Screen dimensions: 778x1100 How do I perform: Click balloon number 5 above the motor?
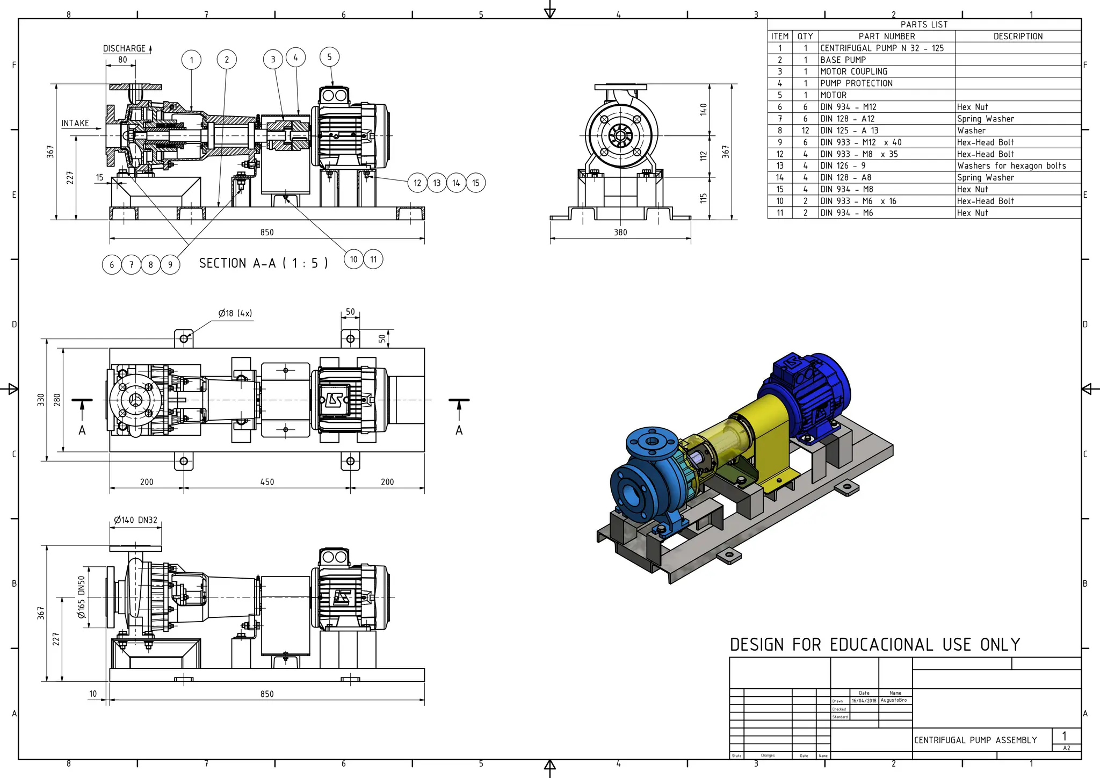click(329, 57)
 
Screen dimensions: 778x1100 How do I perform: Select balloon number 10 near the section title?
click(353, 260)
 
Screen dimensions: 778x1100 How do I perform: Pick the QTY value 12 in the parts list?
click(805, 131)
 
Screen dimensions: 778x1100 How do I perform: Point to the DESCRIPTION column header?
click(1018, 37)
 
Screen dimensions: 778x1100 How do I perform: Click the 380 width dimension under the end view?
click(620, 232)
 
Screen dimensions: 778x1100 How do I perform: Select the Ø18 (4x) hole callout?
click(235, 313)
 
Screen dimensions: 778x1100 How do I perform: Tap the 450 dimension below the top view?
click(267, 482)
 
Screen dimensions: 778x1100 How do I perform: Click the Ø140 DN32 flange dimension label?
click(135, 520)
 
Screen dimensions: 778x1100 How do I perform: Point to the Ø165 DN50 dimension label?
click(82, 597)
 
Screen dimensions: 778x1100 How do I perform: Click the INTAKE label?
click(75, 123)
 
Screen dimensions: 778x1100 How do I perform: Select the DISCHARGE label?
click(124, 48)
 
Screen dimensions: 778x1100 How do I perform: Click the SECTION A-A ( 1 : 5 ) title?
click(263, 263)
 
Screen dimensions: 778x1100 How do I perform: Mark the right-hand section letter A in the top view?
click(459, 430)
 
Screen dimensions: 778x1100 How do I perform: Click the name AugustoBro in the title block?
click(894, 700)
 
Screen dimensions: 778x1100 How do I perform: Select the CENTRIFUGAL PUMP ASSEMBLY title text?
click(975, 740)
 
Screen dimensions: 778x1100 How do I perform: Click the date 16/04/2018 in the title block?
click(864, 701)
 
